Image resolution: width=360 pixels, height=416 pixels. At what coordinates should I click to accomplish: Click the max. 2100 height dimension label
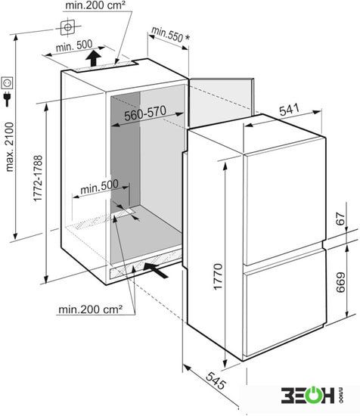point(10,147)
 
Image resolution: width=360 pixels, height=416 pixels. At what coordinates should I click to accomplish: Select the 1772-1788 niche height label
point(38,179)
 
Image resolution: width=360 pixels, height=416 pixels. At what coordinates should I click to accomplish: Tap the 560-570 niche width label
point(145,113)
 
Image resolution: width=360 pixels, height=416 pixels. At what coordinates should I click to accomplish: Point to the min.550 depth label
point(167,35)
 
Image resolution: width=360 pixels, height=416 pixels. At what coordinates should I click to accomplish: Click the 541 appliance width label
point(289,110)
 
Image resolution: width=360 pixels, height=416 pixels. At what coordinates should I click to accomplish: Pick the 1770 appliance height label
point(218,276)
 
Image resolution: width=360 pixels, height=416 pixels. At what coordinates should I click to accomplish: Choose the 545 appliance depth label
point(216,380)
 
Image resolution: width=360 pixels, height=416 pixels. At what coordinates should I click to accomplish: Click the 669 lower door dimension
point(340,283)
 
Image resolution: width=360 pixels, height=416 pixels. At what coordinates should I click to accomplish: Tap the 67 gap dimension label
point(340,219)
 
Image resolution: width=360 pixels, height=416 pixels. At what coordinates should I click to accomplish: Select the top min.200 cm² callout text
point(95,5)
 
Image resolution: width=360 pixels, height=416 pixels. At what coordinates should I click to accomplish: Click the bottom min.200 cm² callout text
point(91,309)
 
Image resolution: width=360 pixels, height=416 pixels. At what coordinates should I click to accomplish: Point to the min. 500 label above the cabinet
point(74,46)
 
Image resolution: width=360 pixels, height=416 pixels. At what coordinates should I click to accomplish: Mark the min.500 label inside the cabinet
point(99,187)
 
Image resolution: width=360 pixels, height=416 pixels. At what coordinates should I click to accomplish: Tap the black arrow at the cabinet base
point(157,269)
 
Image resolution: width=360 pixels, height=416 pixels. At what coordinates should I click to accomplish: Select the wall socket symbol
point(7,83)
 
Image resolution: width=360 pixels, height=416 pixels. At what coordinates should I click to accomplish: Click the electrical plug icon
point(7,99)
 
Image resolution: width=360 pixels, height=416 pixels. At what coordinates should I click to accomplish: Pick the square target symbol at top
point(67,27)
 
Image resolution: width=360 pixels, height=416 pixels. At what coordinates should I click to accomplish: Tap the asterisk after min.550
point(188,37)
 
